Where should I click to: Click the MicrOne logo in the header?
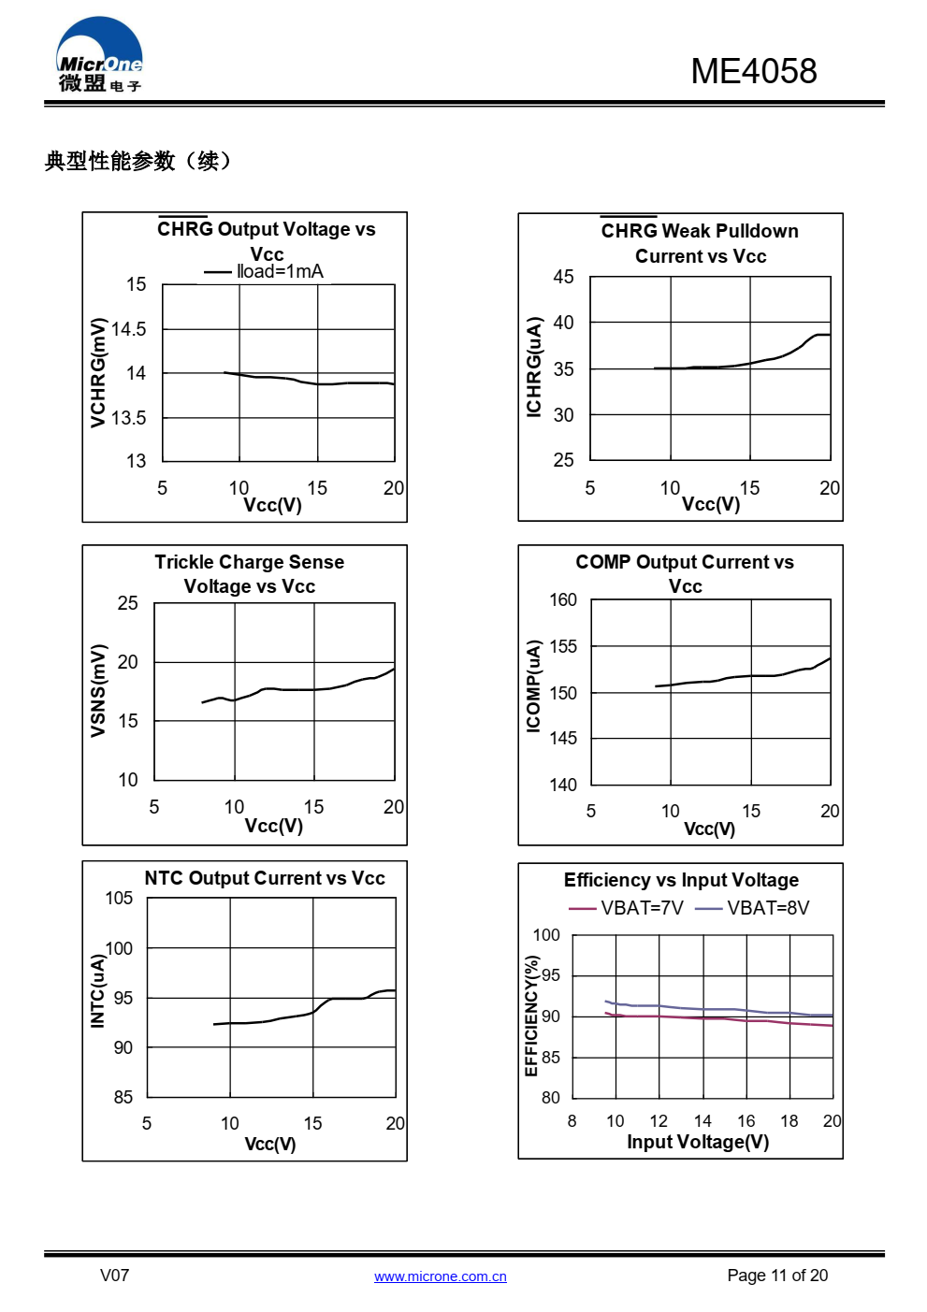tap(99, 56)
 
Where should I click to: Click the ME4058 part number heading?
tap(753, 71)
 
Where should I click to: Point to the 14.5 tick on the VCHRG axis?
tap(129, 329)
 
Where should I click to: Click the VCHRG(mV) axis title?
tap(98, 372)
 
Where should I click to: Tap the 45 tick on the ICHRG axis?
tap(563, 277)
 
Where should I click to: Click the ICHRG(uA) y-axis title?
tap(534, 367)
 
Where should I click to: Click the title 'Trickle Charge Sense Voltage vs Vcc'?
tap(250, 574)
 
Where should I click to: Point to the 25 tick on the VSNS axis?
tap(128, 603)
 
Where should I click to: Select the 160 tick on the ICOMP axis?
tap(563, 599)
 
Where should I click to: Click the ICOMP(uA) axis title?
tap(533, 685)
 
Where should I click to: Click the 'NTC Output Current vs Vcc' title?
tap(265, 878)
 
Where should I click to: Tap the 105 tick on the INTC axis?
tap(119, 899)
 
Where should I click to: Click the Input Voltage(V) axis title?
tap(698, 1142)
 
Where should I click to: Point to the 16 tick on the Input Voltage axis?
tap(746, 1120)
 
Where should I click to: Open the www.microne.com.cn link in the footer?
tap(441, 1276)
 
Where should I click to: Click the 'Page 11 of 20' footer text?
tap(777, 1276)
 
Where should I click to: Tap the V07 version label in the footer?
tap(115, 1276)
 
